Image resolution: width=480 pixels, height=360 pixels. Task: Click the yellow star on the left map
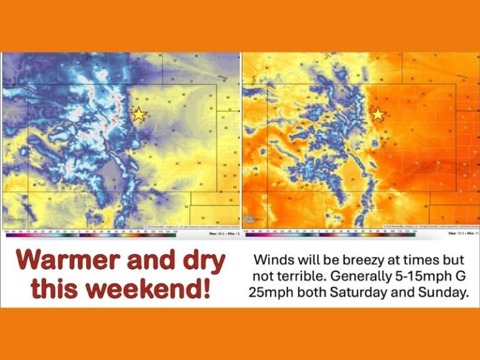pyautogui.click(x=139, y=114)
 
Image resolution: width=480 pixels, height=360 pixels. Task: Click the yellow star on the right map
pyautogui.click(x=377, y=114)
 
